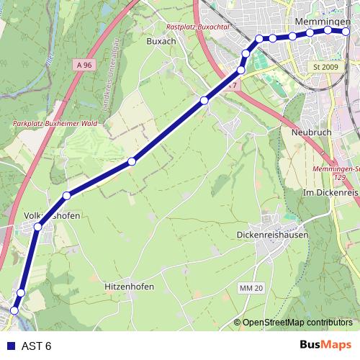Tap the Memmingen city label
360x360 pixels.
pyautogui.click(x=321, y=21)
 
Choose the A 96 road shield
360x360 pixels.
pyautogui.click(x=84, y=65)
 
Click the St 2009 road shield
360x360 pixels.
pyautogui.click(x=325, y=67)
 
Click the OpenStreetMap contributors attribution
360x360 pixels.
pyautogui.click(x=297, y=323)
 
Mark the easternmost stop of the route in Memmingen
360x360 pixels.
pyautogui.click(x=346, y=32)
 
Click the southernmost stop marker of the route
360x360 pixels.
pyautogui.click(x=14, y=311)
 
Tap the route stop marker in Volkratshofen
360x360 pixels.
pyautogui.click(x=37, y=226)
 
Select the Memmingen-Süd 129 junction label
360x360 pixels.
pyautogui.click(x=341, y=172)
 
